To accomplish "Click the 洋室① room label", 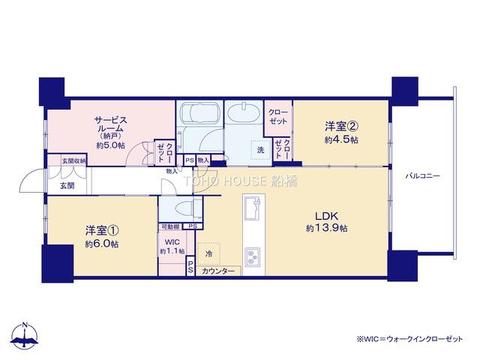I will (x=102, y=230).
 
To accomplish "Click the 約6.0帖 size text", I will (x=102, y=244).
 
